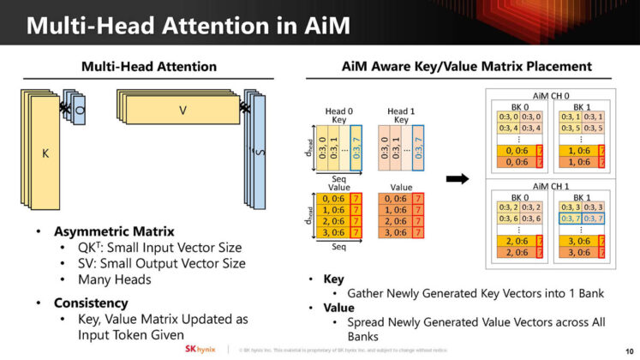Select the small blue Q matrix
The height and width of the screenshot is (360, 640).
click(79, 111)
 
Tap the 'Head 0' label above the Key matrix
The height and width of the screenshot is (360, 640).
click(338, 111)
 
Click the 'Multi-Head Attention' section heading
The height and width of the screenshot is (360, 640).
click(148, 67)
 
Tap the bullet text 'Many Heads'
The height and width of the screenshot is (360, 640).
click(115, 280)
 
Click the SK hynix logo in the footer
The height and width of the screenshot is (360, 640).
click(202, 350)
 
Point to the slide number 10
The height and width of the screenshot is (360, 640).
click(628, 350)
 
